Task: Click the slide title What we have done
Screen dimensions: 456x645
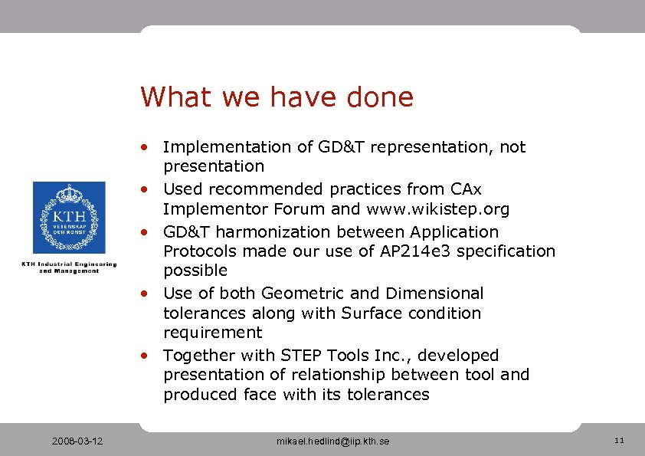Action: (277, 97)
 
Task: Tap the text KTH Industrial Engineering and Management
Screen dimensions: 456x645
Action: (69, 267)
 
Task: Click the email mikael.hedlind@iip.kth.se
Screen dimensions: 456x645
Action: (332, 441)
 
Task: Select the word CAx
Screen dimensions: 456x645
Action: (466, 189)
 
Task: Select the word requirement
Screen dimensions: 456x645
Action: (212, 333)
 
